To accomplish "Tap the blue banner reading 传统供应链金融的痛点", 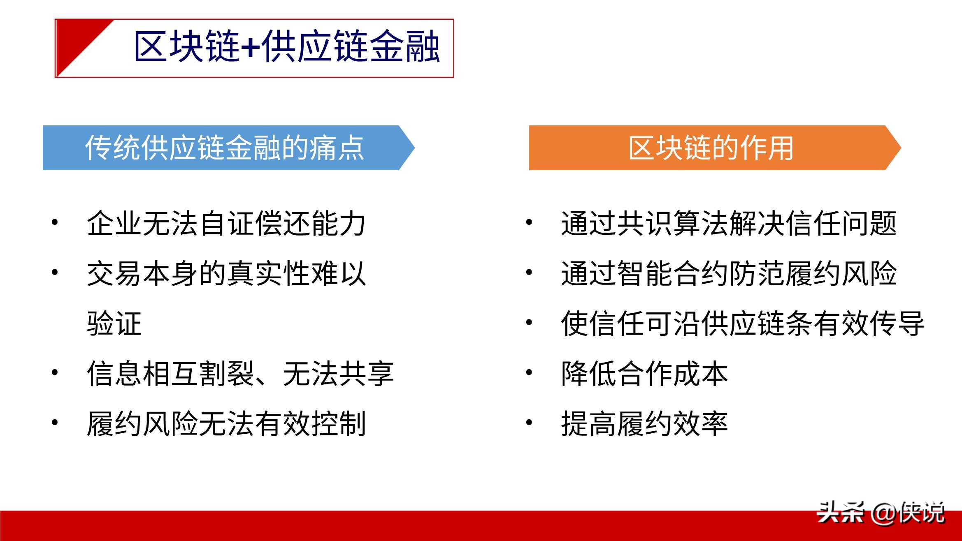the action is tap(228, 148).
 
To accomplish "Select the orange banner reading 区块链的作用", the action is tap(715, 148).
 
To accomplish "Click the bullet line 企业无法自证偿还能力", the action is tap(226, 224).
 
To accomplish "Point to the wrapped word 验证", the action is tap(114, 324).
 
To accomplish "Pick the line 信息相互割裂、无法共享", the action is tap(240, 374).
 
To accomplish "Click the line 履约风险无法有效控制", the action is tap(226, 423).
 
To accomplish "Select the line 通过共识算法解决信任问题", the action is tap(729, 224).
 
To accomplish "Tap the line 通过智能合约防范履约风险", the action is tap(729, 273).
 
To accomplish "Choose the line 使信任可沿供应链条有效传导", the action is tap(743, 324).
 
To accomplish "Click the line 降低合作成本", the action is tap(645, 374).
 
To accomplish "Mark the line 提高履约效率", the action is tap(645, 423).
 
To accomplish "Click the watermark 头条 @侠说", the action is tap(881, 513).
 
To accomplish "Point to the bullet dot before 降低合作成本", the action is tap(529, 373).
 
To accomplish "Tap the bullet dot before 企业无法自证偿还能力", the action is tap(55, 223).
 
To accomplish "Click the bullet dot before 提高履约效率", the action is tap(529, 423).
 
